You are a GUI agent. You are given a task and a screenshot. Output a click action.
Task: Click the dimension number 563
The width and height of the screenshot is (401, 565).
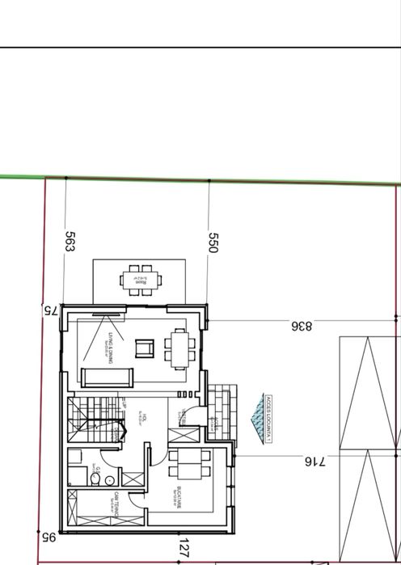click(x=70, y=241)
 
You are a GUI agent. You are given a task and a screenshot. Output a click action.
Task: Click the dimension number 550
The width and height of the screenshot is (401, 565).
click(x=213, y=242)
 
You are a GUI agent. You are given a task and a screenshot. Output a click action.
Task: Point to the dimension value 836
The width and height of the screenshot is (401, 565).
click(x=301, y=326)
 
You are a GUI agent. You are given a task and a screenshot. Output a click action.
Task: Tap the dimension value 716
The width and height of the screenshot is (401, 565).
click(x=314, y=462)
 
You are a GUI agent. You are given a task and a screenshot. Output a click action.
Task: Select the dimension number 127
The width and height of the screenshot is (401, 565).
click(x=184, y=548)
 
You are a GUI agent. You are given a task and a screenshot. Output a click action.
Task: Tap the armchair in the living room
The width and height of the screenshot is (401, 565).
click(x=143, y=348)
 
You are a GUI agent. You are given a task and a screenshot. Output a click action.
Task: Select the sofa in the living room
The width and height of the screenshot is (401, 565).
click(x=107, y=377)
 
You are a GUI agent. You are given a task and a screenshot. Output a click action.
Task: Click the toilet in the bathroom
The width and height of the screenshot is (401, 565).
click(x=96, y=480)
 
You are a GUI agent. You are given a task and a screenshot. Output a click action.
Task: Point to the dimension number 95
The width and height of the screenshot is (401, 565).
click(x=48, y=536)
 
